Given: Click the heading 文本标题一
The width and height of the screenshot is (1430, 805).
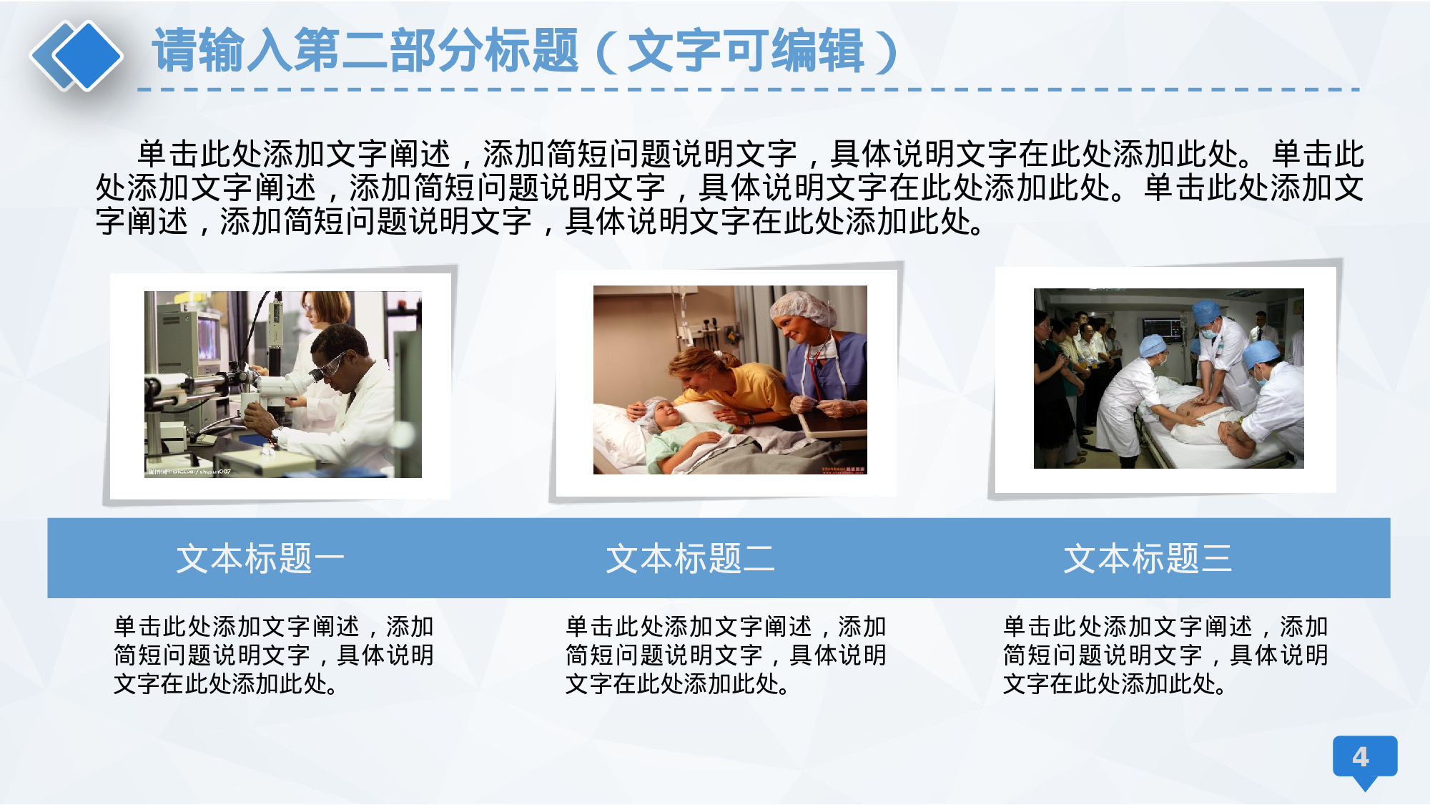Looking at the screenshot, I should click(260, 558).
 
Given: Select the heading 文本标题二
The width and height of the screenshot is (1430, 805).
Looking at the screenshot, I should click(690, 558).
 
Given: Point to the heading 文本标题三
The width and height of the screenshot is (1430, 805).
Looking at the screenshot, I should click(1148, 558).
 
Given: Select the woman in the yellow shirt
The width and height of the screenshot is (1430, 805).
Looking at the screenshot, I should click(722, 379).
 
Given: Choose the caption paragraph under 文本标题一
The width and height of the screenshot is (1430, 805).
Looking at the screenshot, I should click(274, 655).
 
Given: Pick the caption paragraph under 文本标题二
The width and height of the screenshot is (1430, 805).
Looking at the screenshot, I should click(725, 655).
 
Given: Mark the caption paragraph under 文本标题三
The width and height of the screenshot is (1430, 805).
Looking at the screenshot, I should click(1165, 655).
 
